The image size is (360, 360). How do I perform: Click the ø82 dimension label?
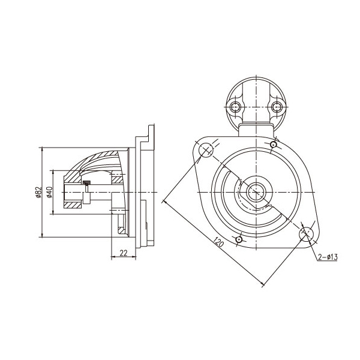pos(39,192)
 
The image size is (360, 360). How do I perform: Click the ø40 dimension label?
pos(49,192)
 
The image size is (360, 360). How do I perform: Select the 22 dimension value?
pos(124,253)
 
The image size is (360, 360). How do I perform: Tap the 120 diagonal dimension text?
pos(218,242)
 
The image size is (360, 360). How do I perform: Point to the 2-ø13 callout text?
pos(328,257)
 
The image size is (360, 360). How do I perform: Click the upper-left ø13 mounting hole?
pos(206,150)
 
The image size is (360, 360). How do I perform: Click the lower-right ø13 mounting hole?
pos(306,234)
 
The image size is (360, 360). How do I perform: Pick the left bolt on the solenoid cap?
pos(235,107)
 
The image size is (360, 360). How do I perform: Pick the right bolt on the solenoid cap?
pos(277,107)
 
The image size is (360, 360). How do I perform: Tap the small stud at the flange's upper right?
pos(273,145)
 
